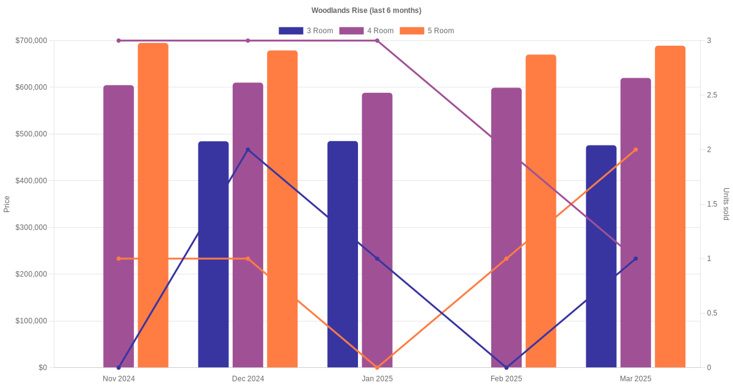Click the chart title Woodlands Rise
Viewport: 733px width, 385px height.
(x=366, y=10)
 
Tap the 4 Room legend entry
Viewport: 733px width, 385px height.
(x=366, y=31)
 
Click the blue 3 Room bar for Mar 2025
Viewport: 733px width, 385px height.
(x=601, y=256)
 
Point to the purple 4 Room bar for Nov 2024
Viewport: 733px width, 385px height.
(x=119, y=226)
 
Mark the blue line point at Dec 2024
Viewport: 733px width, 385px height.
(x=248, y=150)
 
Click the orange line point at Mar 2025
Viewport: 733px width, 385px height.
(x=635, y=150)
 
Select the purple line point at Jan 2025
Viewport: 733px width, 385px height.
(x=377, y=41)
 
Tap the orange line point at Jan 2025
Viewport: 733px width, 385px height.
(x=377, y=367)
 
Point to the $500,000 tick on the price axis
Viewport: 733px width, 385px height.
(x=31, y=134)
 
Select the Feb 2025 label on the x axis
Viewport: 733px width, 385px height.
(x=506, y=379)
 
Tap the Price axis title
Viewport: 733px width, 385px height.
(x=7, y=204)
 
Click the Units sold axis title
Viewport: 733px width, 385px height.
(x=726, y=204)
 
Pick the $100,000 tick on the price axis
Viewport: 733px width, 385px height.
(x=31, y=321)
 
